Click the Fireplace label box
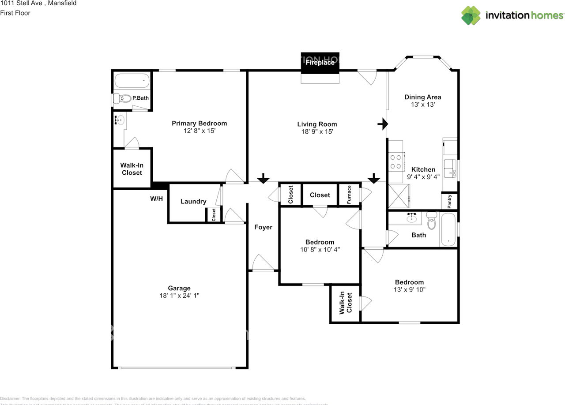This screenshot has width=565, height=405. (320, 63)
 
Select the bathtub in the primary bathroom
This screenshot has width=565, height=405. (132, 81)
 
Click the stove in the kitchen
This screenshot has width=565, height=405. (396, 161)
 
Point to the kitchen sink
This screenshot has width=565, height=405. (450, 168)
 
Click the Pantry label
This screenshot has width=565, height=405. (450, 201)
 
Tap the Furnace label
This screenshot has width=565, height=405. (349, 195)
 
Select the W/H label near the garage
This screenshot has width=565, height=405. (156, 199)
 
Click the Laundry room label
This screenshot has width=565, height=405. (193, 201)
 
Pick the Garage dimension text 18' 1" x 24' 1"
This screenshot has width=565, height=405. (179, 296)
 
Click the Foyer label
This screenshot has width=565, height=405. (263, 227)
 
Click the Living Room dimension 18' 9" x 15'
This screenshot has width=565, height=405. (317, 131)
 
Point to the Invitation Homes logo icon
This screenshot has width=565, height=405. (471, 15)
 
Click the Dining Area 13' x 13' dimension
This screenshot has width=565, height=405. (423, 105)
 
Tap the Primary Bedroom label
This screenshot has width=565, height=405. (199, 123)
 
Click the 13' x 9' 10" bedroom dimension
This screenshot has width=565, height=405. (409, 290)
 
